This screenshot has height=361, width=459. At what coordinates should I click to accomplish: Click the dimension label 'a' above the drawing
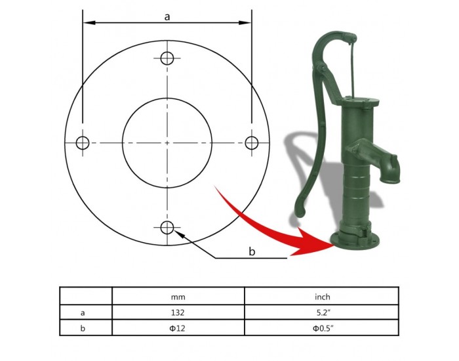click(167, 17)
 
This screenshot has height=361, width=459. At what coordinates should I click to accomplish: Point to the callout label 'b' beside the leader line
click(252, 251)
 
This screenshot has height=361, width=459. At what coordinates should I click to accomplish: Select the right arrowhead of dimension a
click(245, 22)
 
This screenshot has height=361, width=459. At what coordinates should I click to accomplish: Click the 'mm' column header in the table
click(178, 297)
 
